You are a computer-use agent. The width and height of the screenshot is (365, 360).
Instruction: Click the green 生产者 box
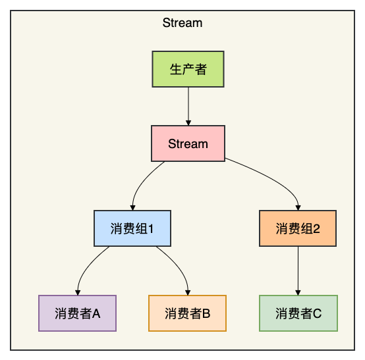pos(188,69)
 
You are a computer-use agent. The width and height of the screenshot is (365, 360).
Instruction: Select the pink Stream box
pos(188,143)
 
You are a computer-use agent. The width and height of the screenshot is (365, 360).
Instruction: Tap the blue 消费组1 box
pos(132,228)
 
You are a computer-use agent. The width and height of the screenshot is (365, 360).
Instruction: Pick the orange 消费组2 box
pos(298,228)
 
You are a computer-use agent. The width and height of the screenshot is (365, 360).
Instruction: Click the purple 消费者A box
pos(77,313)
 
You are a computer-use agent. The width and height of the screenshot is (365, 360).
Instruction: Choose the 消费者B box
pos(188,313)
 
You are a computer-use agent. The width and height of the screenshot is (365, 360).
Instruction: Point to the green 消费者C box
pos(298,313)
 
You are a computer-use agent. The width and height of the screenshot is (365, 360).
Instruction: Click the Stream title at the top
pos(182,23)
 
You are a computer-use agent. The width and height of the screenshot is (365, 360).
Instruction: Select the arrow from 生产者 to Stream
pos(188,105)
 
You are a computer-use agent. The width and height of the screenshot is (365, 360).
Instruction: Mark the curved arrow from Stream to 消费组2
pos(273,178)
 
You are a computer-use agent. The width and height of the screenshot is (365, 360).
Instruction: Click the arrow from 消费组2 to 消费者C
pos(298,270)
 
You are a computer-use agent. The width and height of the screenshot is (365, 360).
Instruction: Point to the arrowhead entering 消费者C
pos(298,291)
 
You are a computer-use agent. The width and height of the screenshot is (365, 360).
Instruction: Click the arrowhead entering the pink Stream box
pos(188,122)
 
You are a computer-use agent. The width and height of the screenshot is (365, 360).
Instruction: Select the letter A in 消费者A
pos(96,313)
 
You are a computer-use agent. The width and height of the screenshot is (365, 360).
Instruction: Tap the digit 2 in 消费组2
pos(316,228)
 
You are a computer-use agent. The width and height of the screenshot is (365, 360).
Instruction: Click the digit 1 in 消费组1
pos(151,228)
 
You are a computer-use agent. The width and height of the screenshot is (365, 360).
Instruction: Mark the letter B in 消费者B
pos(206,313)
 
